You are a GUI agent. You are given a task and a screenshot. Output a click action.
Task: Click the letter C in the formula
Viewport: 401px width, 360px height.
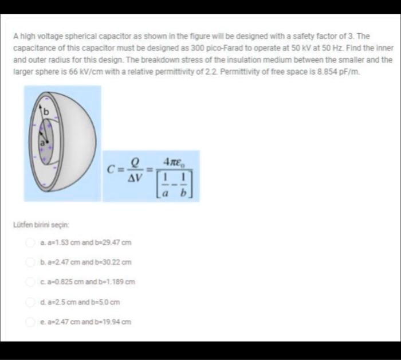(115, 169)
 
